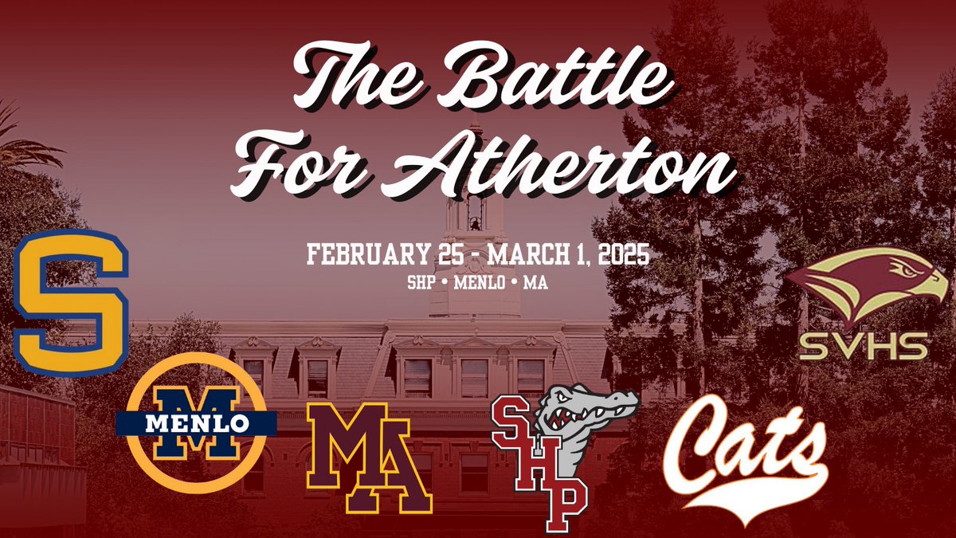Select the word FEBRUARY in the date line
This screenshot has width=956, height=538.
356,257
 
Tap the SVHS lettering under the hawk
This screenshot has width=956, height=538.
864,347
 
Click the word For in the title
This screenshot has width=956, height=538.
291,163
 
